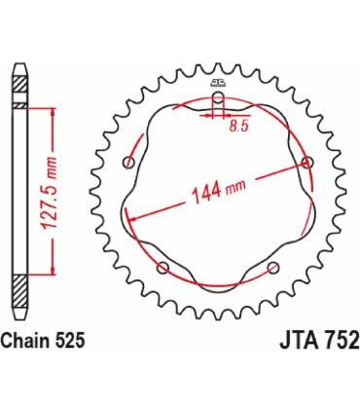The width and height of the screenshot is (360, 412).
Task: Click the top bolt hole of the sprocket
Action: click(x=218, y=99)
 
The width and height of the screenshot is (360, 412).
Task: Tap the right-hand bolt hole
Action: click(x=307, y=161)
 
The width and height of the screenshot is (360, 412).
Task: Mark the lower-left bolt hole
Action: click(x=163, y=267)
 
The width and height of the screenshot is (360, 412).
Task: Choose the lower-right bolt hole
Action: click(x=274, y=266)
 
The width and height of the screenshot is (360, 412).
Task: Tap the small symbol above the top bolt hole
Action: click(x=218, y=80)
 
